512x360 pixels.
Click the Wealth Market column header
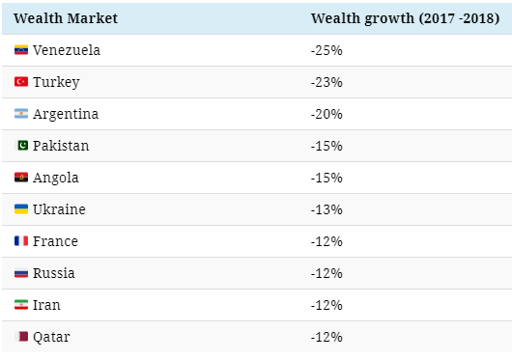click(x=66, y=18)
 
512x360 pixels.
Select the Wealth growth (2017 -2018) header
click(x=405, y=18)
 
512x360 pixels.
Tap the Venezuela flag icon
click(x=21, y=50)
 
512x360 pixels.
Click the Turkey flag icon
click(x=21, y=81)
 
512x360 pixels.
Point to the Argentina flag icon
click(x=21, y=114)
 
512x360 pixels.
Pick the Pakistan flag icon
click(x=22, y=146)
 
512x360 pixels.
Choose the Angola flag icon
click(x=21, y=177)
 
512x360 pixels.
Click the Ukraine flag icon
click(x=21, y=209)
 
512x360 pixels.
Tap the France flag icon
click(x=21, y=241)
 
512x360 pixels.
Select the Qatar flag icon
click(x=21, y=336)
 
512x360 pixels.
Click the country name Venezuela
click(x=67, y=50)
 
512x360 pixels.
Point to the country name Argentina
click(x=66, y=115)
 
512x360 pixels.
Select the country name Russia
click(x=54, y=273)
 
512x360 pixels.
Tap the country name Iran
click(x=46, y=305)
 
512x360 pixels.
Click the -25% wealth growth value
click(x=327, y=50)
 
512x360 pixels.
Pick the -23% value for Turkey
click(x=327, y=82)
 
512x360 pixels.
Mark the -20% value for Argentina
click(x=327, y=114)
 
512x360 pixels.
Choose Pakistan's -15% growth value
click(x=327, y=146)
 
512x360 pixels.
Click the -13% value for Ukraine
click(x=327, y=209)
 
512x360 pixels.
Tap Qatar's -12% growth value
click(x=327, y=337)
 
